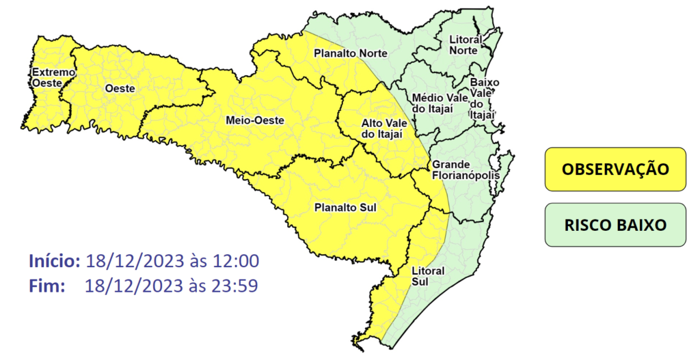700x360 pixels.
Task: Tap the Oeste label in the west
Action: (x=120, y=88)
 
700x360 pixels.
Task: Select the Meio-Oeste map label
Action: (x=254, y=120)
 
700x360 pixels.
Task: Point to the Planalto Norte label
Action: (x=350, y=53)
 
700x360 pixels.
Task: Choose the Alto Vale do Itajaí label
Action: (x=381, y=128)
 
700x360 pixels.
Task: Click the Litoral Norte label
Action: (x=466, y=45)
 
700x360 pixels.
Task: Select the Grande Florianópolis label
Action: (x=465, y=170)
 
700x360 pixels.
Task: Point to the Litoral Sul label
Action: (x=428, y=275)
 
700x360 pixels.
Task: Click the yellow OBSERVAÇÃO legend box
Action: (x=615, y=169)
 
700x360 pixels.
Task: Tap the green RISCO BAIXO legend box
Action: (x=615, y=225)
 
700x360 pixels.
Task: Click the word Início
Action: (x=55, y=260)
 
